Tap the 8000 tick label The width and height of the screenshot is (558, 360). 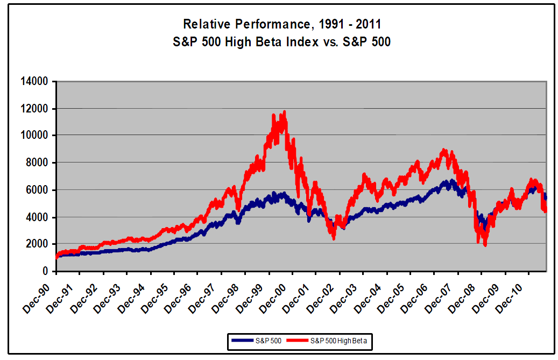pyautogui.click(x=39, y=163)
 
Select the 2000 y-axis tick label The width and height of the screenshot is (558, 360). pyautogui.click(x=39, y=244)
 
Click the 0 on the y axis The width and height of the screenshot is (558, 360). pyautogui.click(x=46, y=271)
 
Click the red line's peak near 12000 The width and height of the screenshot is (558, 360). pyautogui.click(x=284, y=111)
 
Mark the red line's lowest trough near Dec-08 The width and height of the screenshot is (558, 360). pyautogui.click(x=485, y=245)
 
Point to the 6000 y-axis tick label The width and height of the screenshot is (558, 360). pyautogui.click(x=39, y=190)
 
